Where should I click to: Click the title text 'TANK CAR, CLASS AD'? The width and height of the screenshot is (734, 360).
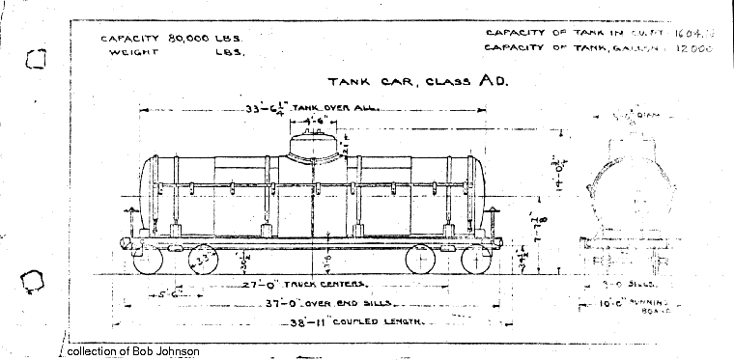point(416,83)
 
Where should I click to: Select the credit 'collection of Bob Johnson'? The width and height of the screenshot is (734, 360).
point(133,351)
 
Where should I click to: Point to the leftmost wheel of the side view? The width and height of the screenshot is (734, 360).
point(147,259)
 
